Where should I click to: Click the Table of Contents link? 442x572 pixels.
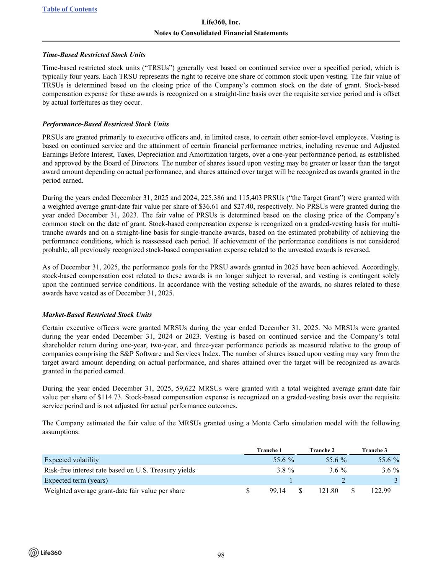pyautogui.click(x=70, y=9)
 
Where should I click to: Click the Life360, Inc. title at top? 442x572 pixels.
pyautogui.click(x=221, y=22)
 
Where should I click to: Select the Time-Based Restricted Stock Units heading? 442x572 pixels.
pyautogui.click(x=94, y=55)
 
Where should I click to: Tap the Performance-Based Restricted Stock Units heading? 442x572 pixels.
pyautogui.click(x=106, y=124)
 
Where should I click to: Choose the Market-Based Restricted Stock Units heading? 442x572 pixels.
pyautogui.click(x=97, y=315)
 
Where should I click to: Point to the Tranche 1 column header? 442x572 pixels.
pyautogui.click(x=269, y=450)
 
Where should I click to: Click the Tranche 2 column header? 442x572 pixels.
pyautogui.click(x=322, y=450)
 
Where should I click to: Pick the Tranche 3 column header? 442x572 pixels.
pyautogui.click(x=374, y=450)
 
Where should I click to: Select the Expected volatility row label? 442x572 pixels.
pyautogui.click(x=71, y=460)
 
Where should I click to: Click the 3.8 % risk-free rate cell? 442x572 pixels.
pyautogui.click(x=285, y=470)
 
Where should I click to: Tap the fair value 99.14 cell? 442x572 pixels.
pyautogui.click(x=277, y=491)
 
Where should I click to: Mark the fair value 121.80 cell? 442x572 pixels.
pyautogui.click(x=328, y=491)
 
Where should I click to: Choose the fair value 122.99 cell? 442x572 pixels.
pyautogui.click(x=381, y=491)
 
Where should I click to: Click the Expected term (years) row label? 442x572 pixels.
pyautogui.click(x=76, y=481)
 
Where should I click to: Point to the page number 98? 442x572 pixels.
pyautogui.click(x=221, y=555)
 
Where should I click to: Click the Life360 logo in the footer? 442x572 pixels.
pyautogui.click(x=45, y=553)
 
